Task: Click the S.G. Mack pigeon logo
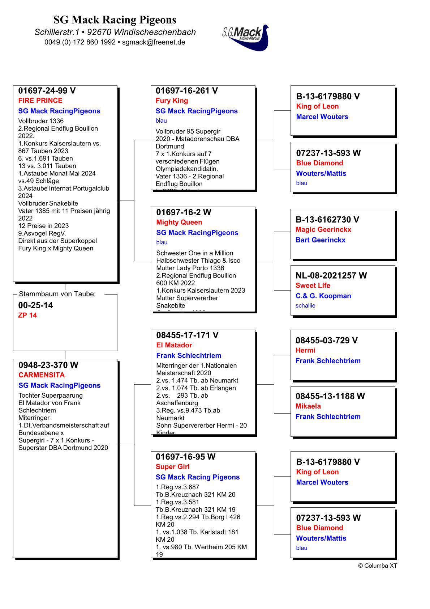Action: click(x=246, y=37)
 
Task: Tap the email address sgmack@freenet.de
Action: click(x=154, y=42)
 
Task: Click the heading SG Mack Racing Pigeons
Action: click(x=115, y=20)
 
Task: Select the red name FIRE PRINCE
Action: click(x=40, y=101)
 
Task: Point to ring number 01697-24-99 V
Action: click(x=47, y=91)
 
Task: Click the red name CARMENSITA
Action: click(x=42, y=375)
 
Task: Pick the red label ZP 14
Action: click(x=27, y=315)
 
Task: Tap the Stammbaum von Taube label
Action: click(x=57, y=294)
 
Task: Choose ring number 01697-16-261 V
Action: click(x=187, y=91)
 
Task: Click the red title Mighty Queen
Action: click(x=179, y=222)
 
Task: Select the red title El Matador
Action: click(x=174, y=345)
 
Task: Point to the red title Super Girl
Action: click(x=173, y=467)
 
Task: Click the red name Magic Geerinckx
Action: click(x=323, y=229)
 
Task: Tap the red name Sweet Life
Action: click(x=313, y=286)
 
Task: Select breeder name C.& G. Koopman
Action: click(x=323, y=296)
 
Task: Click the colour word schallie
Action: click(x=305, y=306)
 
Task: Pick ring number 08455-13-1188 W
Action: click(x=330, y=396)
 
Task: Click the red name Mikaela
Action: click(x=308, y=406)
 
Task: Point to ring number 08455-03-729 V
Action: click(x=327, y=341)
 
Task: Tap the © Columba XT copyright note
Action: click(x=378, y=566)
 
